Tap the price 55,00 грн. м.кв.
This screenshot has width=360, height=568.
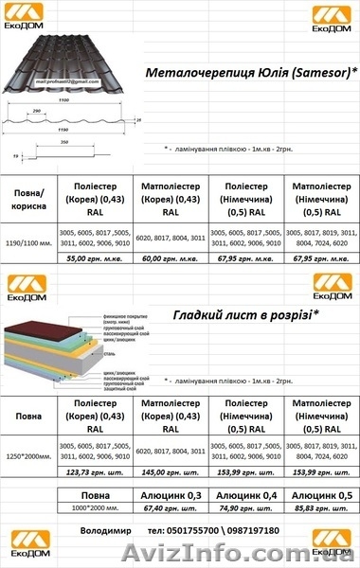pos(102,257)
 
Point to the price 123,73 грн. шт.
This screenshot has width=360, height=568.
pos(102,470)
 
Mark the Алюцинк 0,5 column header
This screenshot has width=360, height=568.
pos(321,495)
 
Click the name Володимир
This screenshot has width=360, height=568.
pos(107,531)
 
